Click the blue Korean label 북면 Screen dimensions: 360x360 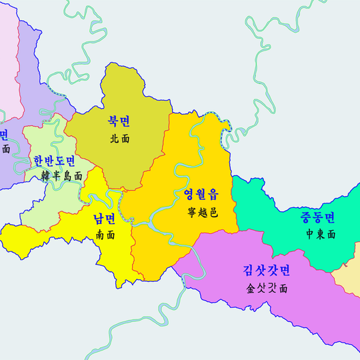tap(119, 121)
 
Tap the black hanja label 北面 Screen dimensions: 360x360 tap(119, 139)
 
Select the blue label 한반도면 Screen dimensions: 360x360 tap(55, 161)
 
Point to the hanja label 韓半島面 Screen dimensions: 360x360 tap(61, 177)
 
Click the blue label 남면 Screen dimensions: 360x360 tap(105, 218)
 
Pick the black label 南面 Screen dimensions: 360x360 tap(105, 235)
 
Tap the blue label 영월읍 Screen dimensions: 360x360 tap(201, 195)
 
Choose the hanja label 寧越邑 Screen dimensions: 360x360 tap(202, 213)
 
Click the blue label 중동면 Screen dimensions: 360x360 tap(317, 217)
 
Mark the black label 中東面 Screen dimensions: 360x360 tap(321, 234)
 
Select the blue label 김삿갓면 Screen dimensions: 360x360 tap(266, 271)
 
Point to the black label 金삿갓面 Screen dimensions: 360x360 tap(266, 289)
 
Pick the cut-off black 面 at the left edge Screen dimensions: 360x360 tap(5, 149)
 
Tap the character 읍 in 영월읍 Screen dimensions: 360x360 tap(213, 195)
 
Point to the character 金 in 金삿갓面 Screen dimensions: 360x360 tap(249, 289)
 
